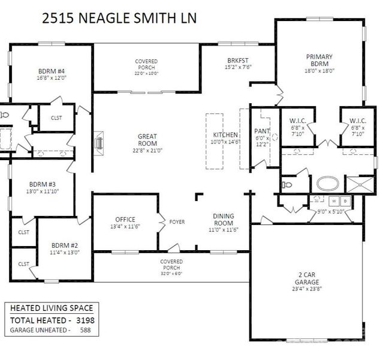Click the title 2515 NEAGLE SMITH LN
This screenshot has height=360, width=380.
click(120, 17)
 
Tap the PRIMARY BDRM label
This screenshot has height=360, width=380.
click(319, 61)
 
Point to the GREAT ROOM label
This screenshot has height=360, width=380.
click(147, 140)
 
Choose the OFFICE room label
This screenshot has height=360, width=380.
click(125, 219)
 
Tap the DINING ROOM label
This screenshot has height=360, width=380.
click(224, 219)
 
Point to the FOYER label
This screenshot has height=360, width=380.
click(177, 222)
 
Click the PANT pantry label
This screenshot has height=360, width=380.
click(262, 131)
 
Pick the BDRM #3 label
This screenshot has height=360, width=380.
click(43, 184)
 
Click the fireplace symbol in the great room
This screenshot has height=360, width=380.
click(99, 143)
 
